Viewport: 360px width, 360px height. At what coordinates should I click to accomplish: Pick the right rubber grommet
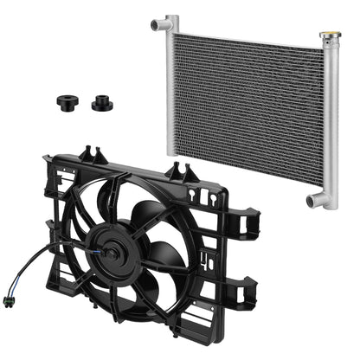tap(100, 101)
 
